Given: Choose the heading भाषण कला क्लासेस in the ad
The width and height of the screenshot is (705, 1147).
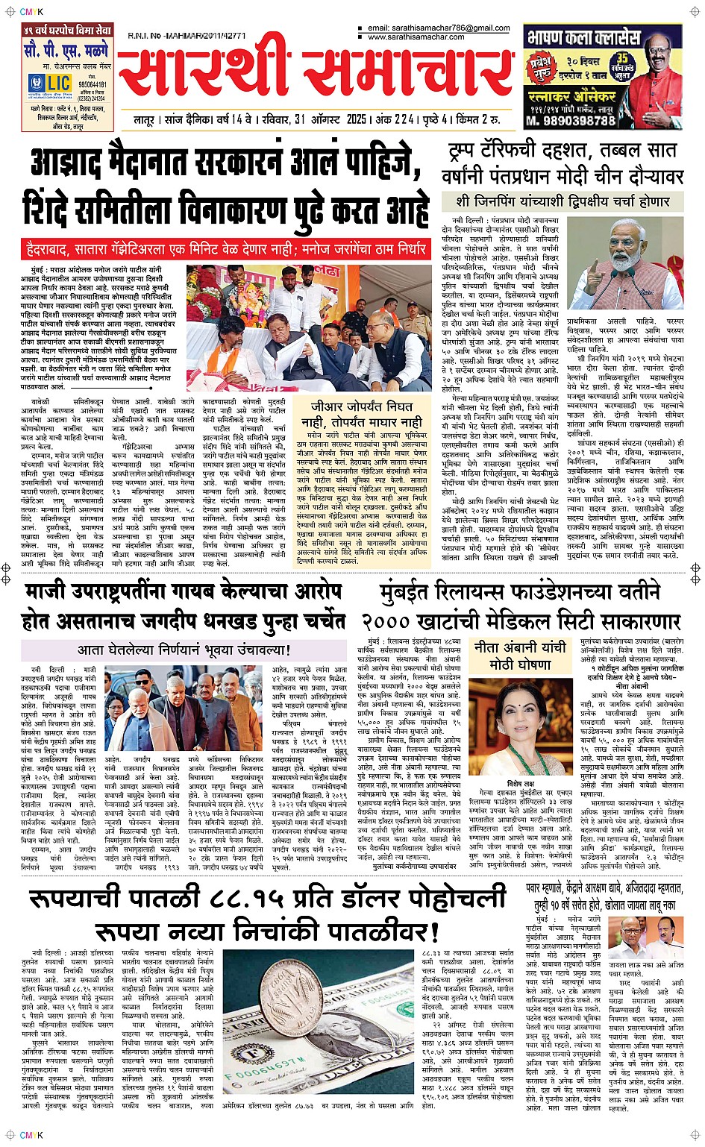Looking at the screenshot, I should click(583, 37).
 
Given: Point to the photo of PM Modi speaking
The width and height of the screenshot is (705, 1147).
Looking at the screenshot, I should click(625, 263).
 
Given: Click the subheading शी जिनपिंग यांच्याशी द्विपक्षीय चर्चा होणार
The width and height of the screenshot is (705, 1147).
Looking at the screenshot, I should click(563, 201).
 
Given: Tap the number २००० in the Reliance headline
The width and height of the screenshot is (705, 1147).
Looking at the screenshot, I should click(397, 621).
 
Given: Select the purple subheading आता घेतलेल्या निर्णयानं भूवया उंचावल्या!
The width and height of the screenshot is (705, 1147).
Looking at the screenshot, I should click(184, 650).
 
